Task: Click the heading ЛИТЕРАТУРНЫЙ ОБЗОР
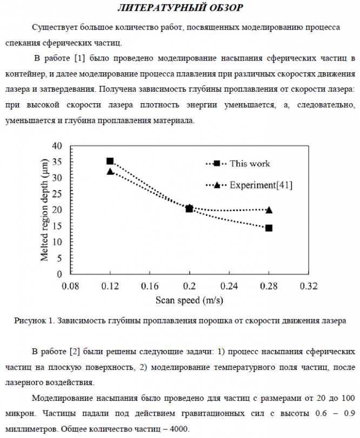(180, 8)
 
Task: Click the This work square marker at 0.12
(110, 161)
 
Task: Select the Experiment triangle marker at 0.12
(110, 171)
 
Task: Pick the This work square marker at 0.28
(269, 228)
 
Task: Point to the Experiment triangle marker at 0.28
(269, 210)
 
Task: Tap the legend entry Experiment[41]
(261, 185)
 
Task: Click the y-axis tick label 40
(57, 146)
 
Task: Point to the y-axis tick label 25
(57, 194)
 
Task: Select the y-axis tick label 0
(59, 274)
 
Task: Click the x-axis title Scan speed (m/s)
(189, 299)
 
